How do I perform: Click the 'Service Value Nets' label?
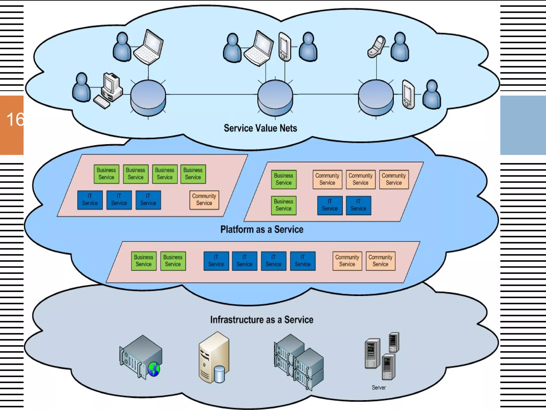pyautogui.click(x=260, y=128)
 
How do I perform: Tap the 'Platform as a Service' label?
pyautogui.click(x=262, y=230)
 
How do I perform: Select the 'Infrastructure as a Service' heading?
pyautogui.click(x=262, y=320)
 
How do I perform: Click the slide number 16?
pyautogui.click(x=15, y=119)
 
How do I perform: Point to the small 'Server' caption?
pyautogui.click(x=379, y=388)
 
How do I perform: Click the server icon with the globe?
pyautogui.click(x=141, y=356)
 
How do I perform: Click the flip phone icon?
pyautogui.click(x=376, y=47)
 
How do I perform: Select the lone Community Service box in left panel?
pyautogui.click(x=204, y=200)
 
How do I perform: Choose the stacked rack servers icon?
pyautogui.click(x=299, y=362)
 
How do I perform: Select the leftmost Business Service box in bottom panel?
pyautogui.click(x=144, y=261)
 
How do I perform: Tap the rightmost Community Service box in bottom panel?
pyautogui.click(x=380, y=261)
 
